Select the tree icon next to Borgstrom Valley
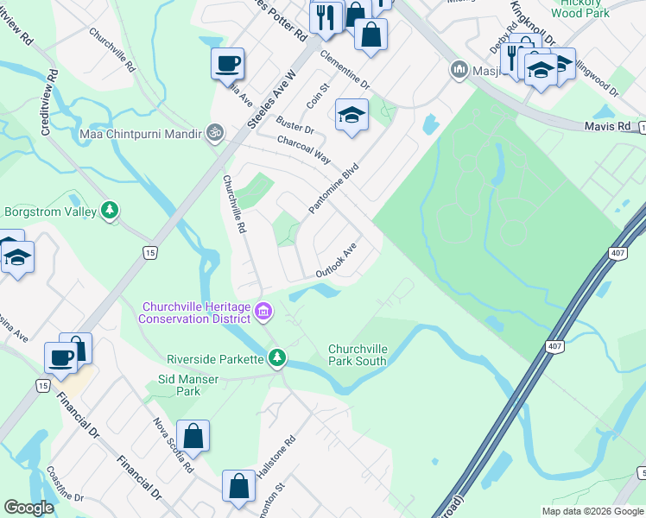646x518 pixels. pyautogui.click(x=110, y=210)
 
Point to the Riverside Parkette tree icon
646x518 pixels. pyautogui.click(x=276, y=357)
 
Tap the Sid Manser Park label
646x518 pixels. pyautogui.click(x=179, y=385)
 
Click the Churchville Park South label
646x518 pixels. pyautogui.click(x=357, y=355)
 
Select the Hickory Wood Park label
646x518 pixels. pyautogui.click(x=579, y=9)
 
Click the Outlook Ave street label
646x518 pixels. pyautogui.click(x=336, y=260)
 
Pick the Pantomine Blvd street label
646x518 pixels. pyautogui.click(x=333, y=192)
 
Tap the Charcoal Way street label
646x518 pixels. pyautogui.click(x=304, y=148)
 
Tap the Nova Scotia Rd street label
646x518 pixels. pyautogui.click(x=173, y=445)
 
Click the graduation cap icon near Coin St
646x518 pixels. pyautogui.click(x=351, y=115)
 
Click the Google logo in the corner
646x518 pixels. pyautogui.click(x=28, y=508)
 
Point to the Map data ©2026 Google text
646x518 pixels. pyautogui.click(x=592, y=511)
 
